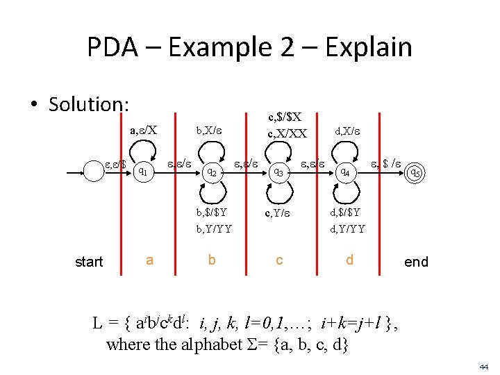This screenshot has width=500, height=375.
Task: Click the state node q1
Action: tap(142, 167)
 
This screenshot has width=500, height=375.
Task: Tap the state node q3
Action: tap(277, 171)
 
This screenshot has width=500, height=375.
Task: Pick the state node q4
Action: tap(342, 171)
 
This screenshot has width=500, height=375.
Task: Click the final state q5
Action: tap(415, 172)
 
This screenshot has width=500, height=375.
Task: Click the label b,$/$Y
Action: tap(211, 212)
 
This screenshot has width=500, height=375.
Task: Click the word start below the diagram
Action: tap(89, 262)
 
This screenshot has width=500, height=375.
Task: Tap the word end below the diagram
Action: tap(416, 262)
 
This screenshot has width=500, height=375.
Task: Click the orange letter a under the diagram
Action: tap(149, 260)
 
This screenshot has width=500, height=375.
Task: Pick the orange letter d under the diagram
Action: tap(350, 260)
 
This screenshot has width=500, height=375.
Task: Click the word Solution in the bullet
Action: tap(89, 104)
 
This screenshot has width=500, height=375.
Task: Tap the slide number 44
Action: tap(484, 365)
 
